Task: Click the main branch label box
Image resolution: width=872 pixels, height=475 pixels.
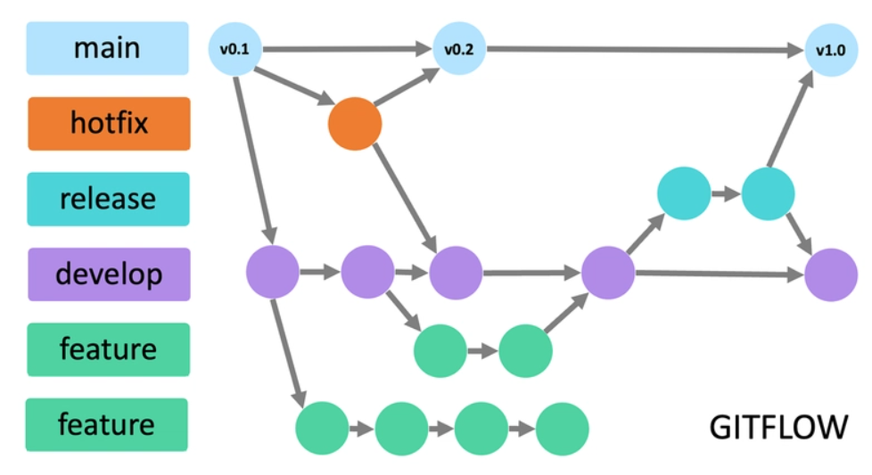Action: (x=107, y=47)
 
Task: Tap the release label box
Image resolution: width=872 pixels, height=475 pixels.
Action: (x=108, y=198)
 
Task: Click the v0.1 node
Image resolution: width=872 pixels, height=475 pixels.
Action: (x=234, y=48)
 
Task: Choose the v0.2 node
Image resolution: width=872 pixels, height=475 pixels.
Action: (x=458, y=48)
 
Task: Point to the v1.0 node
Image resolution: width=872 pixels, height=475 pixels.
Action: (x=830, y=50)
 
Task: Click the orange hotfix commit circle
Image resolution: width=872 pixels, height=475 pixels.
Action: (x=355, y=124)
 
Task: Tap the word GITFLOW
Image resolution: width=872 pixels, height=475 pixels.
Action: (x=778, y=427)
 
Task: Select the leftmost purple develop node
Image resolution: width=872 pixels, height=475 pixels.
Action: (x=273, y=273)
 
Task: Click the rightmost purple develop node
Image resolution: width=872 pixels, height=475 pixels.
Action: (x=831, y=274)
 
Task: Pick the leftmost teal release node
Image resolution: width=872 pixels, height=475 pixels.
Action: (x=683, y=192)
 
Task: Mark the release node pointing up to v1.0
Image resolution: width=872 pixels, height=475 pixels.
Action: (x=768, y=192)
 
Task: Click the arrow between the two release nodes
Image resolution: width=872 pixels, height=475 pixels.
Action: (x=725, y=192)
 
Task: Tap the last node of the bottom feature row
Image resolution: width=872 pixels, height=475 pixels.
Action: (x=562, y=429)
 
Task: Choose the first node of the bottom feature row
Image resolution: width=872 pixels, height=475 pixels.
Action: (x=322, y=429)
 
